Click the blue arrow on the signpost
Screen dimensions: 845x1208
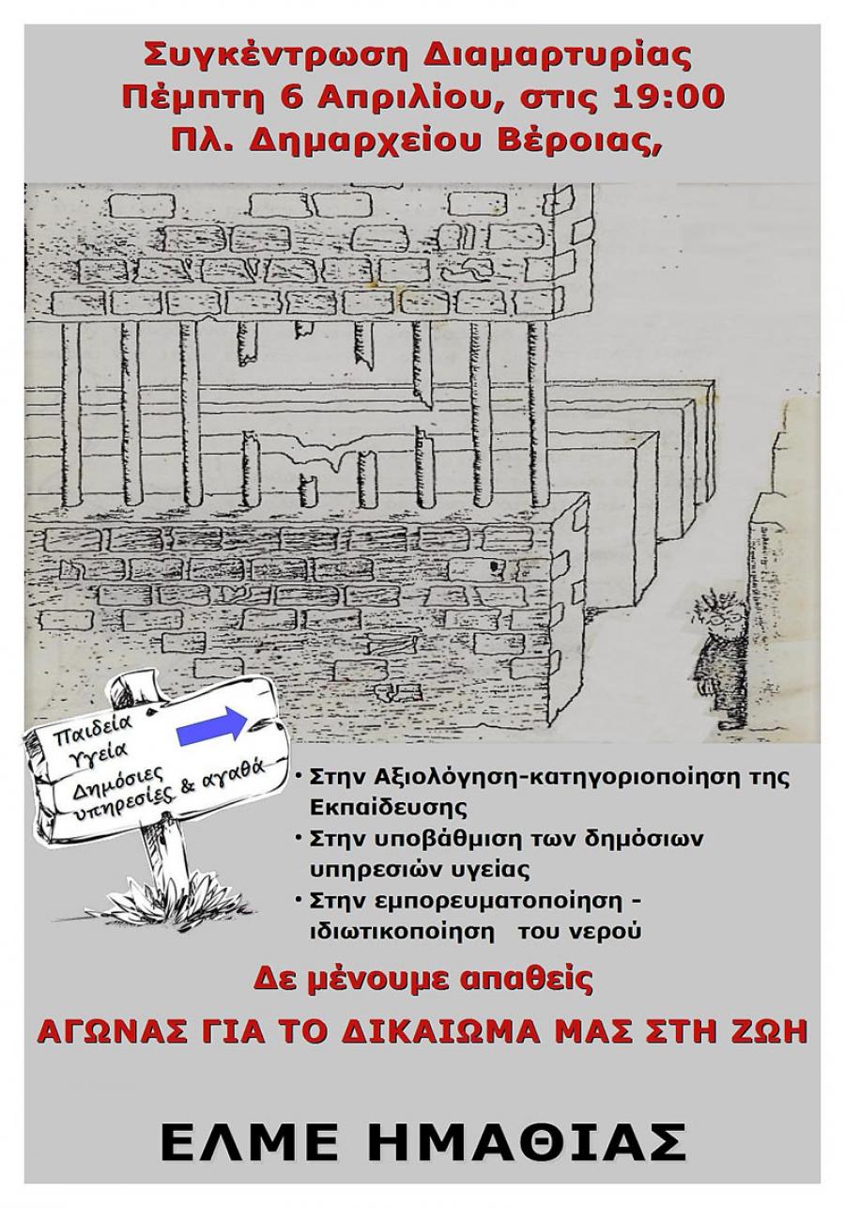pyautogui.click(x=211, y=726)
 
